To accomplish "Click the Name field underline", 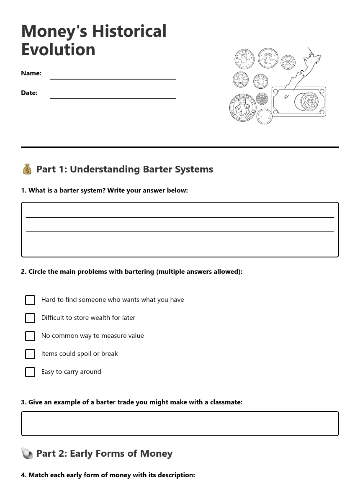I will (113, 78).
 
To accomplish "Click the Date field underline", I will (113, 98).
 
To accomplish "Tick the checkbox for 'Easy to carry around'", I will (30, 372).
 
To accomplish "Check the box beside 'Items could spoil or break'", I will (30, 354).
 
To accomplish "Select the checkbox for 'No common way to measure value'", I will (30, 336).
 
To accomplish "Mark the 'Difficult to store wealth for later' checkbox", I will (30, 318).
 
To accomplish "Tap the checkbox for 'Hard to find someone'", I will (30, 300).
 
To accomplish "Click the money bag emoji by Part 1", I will (27, 169).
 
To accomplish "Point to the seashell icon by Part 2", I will (27, 453).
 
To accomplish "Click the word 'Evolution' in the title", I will (58, 49).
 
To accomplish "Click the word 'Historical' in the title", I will (129, 31).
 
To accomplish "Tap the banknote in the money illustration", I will (298, 102).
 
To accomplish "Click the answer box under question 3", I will (180, 424).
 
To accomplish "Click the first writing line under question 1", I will (180, 217).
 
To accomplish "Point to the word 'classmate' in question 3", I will (226, 402).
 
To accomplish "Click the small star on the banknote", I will (286, 97).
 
